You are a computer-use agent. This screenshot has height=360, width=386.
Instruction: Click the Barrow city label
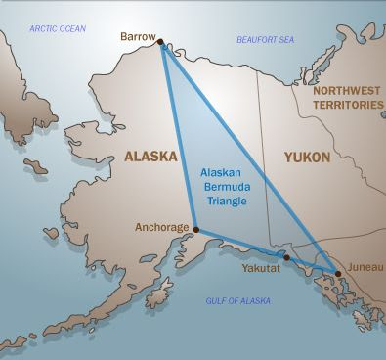click(x=137, y=36)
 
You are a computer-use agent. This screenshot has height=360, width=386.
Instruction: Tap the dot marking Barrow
click(x=160, y=42)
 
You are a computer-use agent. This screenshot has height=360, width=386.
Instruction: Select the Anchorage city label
click(x=161, y=228)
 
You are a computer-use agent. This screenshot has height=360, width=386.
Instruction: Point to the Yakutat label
click(x=262, y=265)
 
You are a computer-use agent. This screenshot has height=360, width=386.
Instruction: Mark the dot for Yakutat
click(x=286, y=259)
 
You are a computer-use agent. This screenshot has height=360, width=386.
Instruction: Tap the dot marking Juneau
click(x=336, y=273)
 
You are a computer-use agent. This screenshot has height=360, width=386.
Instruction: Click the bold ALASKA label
click(x=150, y=156)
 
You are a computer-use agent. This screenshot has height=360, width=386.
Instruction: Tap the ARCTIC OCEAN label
click(x=58, y=28)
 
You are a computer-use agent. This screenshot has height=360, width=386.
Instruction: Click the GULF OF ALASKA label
click(x=237, y=302)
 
